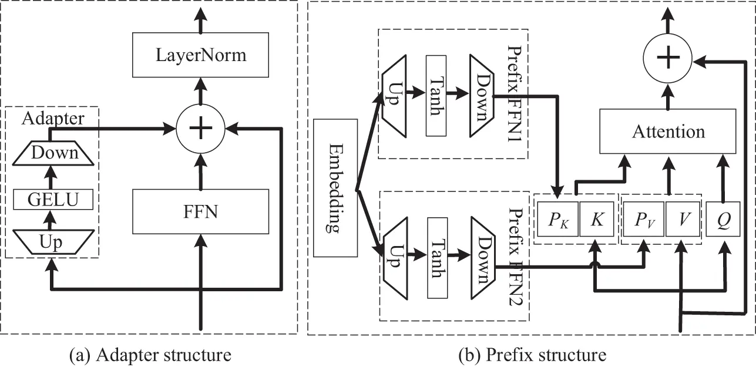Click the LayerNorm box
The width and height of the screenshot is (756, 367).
201,56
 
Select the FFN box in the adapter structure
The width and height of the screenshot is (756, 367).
201,212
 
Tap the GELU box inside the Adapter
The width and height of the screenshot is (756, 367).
53,200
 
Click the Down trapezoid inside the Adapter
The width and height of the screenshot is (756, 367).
54,153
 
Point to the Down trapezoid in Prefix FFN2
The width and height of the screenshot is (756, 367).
481,258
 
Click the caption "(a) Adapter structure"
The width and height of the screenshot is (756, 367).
150,355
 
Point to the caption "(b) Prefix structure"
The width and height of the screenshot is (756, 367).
532,355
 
